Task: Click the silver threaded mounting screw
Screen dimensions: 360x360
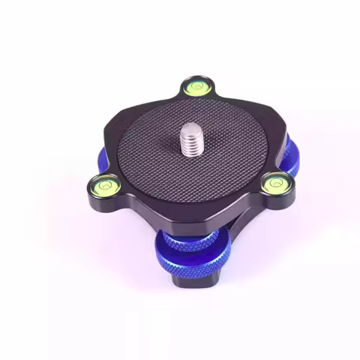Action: coord(192,142)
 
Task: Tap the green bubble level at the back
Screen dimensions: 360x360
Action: coord(197,87)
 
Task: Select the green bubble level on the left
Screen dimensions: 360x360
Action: coord(104,181)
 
